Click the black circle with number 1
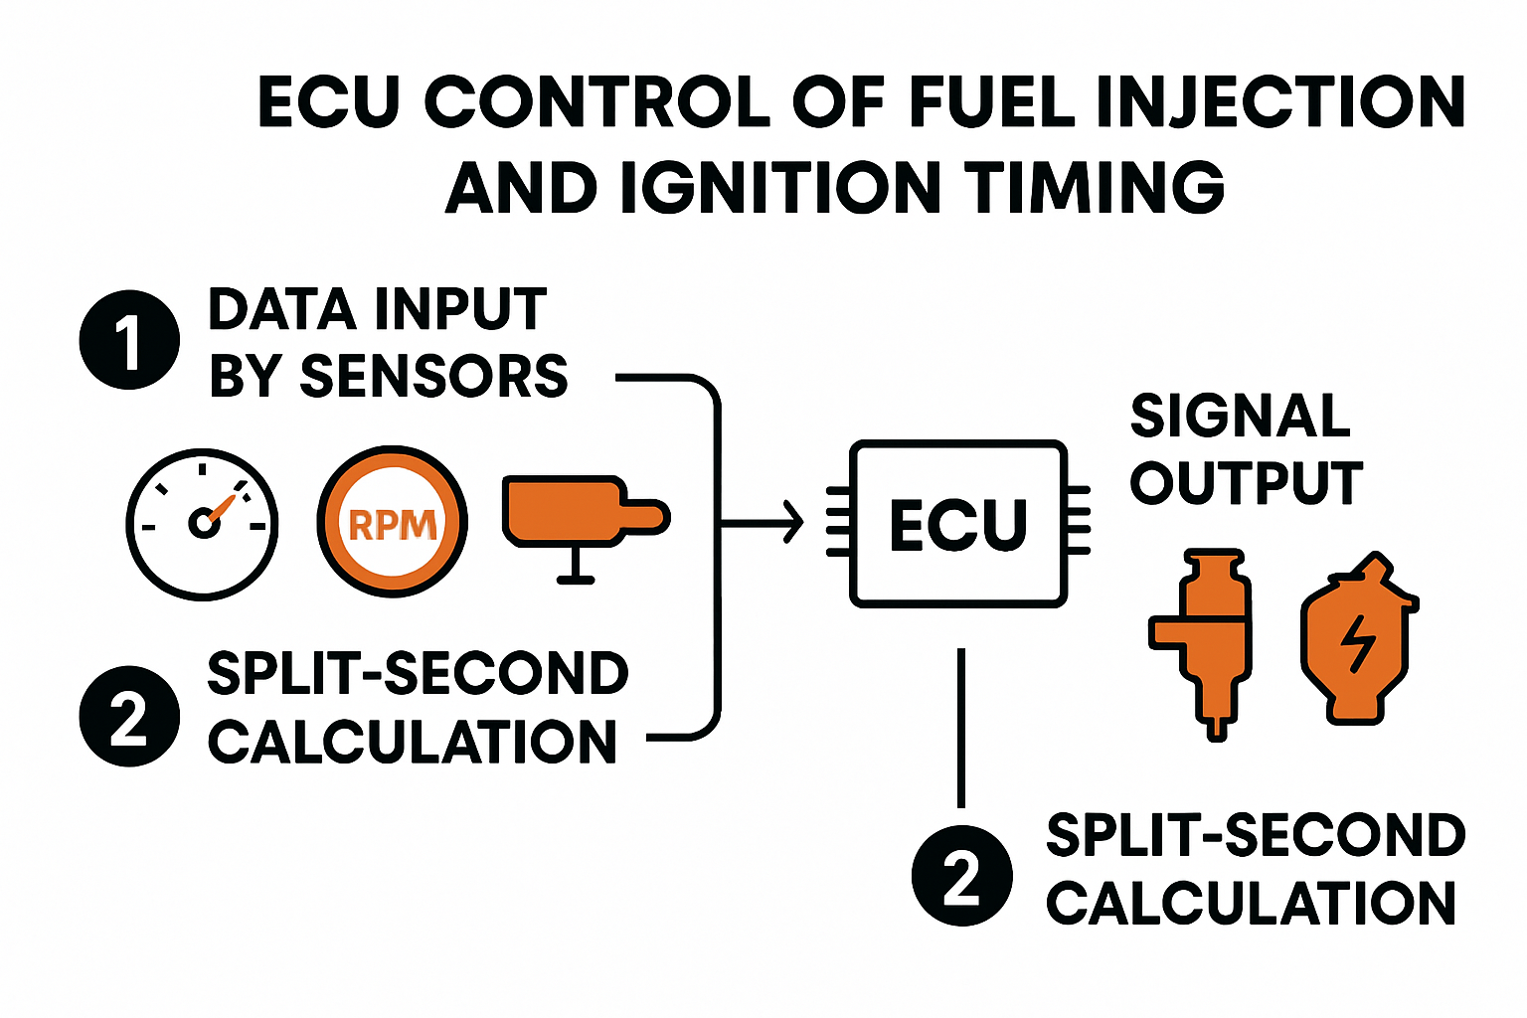coord(129,340)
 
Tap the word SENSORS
coord(433,377)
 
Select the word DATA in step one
coord(281,309)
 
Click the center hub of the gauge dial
coord(204,522)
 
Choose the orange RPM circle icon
coord(392,522)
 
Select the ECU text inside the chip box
coord(958,525)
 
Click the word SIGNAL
coord(1241,416)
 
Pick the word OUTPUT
coord(1247,484)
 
